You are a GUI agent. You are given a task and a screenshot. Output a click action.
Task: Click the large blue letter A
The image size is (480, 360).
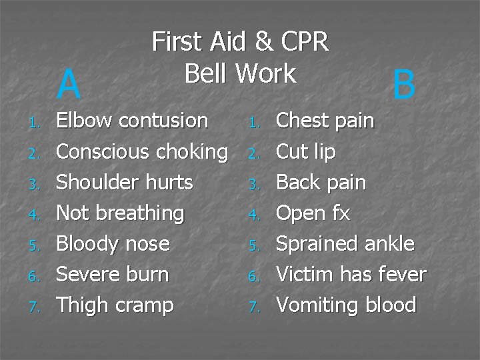(69, 84)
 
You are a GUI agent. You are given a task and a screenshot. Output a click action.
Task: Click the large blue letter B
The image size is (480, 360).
(404, 85)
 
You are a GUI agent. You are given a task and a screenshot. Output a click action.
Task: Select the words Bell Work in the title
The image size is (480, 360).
(240, 73)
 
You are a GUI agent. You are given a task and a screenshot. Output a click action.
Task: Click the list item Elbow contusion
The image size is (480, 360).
(132, 121)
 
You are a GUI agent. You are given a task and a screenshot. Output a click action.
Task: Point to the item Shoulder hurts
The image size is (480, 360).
(125, 182)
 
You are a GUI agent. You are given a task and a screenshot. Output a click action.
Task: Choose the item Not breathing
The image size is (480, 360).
(120, 213)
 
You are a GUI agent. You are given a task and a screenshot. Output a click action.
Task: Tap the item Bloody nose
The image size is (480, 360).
(113, 243)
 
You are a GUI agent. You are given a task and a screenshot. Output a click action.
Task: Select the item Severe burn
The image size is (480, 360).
(113, 274)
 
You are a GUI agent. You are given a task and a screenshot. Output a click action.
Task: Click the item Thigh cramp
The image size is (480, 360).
(115, 305)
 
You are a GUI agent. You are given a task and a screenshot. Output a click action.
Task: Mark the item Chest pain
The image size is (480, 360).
(325, 121)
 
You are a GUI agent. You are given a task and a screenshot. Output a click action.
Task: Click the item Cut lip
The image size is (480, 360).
(305, 151)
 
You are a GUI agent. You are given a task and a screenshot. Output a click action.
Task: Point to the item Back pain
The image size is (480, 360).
(321, 182)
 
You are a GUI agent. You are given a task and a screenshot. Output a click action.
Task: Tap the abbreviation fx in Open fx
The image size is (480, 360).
(341, 213)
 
